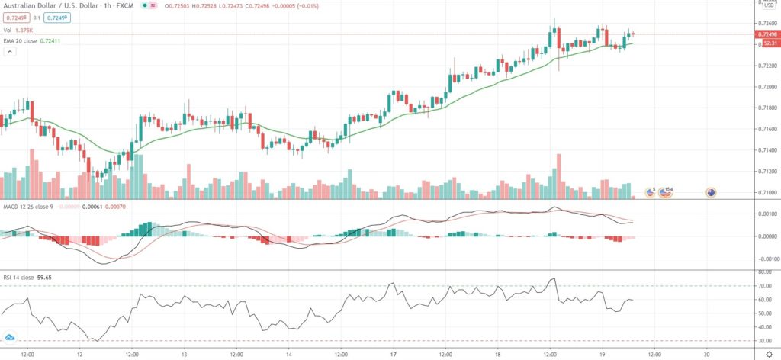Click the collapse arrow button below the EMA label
10,52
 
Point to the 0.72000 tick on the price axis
765,87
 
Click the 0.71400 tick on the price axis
765,150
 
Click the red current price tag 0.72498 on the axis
767,34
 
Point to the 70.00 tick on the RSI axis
763,286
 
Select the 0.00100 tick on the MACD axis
765,215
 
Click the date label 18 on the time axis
497,355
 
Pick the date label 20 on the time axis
707,355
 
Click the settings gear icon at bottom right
768,355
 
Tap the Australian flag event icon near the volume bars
711,192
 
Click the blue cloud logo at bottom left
10,336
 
